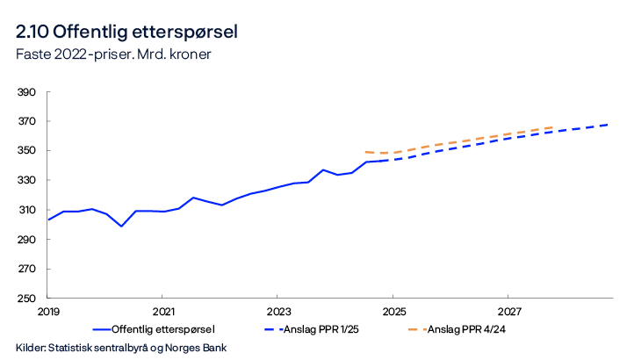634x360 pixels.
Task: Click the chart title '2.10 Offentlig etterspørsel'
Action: pos(126,32)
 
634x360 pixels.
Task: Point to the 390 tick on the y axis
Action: pos(25,92)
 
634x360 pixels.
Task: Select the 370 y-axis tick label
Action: pos(25,122)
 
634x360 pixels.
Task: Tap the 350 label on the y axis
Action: pos(25,151)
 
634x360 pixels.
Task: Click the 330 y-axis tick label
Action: pos(25,181)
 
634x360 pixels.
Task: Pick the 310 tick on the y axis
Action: pos(25,211)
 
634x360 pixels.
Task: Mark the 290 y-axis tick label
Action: pos(25,240)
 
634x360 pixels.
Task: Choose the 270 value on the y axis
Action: pos(25,270)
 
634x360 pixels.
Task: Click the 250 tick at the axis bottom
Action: pos(25,299)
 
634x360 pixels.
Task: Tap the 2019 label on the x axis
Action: pos(47,312)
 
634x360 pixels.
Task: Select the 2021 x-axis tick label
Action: pos(162,312)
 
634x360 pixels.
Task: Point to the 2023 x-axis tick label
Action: pos(277,312)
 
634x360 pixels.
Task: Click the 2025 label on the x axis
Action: pos(393,312)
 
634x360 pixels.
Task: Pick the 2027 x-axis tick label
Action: pos(508,312)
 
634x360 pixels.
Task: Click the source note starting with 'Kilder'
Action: pos(121,348)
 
